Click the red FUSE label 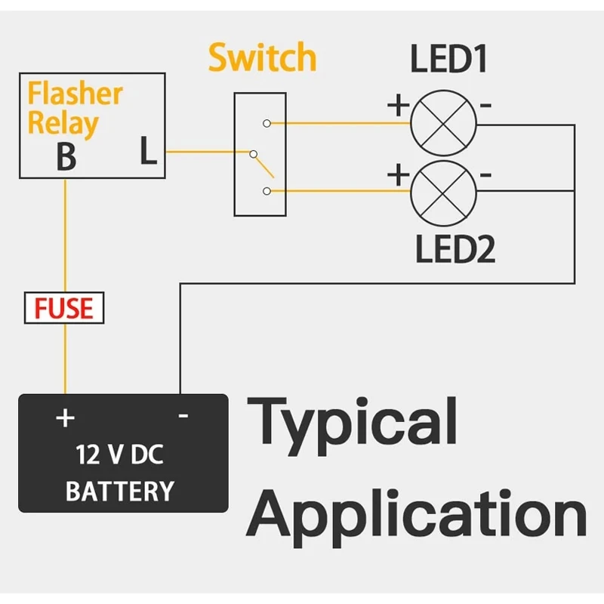[64, 308]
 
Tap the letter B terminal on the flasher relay [66, 157]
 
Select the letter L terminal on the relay [148, 150]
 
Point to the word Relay [63, 124]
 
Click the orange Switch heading [262, 57]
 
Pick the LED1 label [448, 59]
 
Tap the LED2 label [455, 249]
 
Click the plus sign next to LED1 [399, 105]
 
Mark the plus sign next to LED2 [399, 174]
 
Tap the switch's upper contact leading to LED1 [267, 123]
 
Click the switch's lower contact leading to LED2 [267, 191]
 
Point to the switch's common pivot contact [253, 154]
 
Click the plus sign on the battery [65, 418]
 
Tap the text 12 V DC [119, 455]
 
